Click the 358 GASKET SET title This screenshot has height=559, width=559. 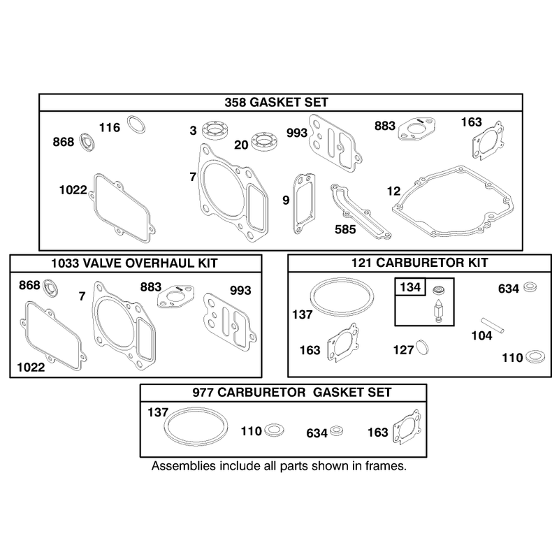pyautogui.click(x=276, y=103)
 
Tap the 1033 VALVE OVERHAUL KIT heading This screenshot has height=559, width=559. pyautogui.click(x=134, y=263)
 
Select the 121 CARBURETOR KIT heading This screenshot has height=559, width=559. pyautogui.click(x=420, y=263)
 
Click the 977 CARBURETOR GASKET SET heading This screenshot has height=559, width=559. pyautogui.click(x=292, y=393)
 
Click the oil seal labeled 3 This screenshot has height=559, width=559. pyautogui.click(x=215, y=130)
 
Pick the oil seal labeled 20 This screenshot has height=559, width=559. pyautogui.click(x=264, y=141)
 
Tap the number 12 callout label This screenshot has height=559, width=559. pyautogui.click(x=393, y=191)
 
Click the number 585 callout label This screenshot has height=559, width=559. pyautogui.click(x=345, y=229)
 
